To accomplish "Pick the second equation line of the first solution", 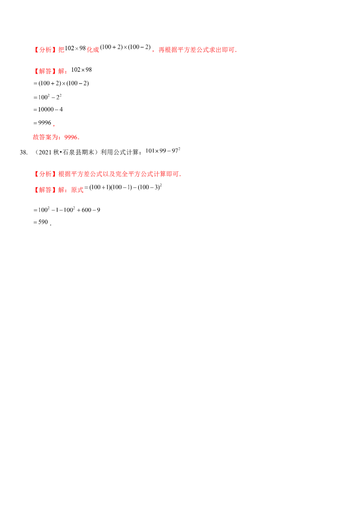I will pos(61,83).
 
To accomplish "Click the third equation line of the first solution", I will pos(49,96).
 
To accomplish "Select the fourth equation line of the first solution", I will pos(49,108).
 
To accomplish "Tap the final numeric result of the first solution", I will pos(43,122).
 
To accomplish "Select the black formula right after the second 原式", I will pos(121,188).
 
